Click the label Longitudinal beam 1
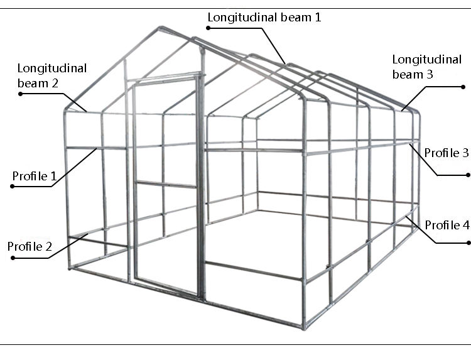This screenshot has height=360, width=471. [264, 17]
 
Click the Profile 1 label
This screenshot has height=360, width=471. [34, 177]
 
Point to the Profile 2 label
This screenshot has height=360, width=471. [30, 246]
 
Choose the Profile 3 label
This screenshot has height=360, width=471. [447, 153]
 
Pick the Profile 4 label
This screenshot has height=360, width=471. [447, 225]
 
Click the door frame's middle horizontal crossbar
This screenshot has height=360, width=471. [166, 184]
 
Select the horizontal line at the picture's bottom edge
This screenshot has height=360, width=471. [235, 345]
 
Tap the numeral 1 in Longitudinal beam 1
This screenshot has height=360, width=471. [317, 17]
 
